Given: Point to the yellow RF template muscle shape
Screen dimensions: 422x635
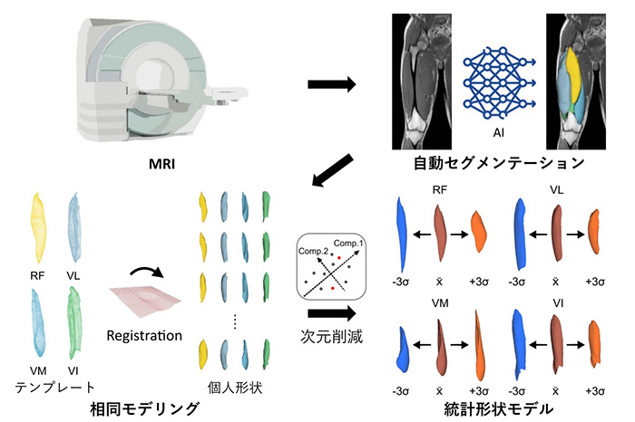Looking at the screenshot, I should pyautogui.click(x=40, y=226).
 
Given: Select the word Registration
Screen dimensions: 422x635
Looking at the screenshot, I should pyautogui.click(x=145, y=336).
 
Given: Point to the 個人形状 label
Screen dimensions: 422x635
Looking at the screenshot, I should pyautogui.click(x=234, y=385).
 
